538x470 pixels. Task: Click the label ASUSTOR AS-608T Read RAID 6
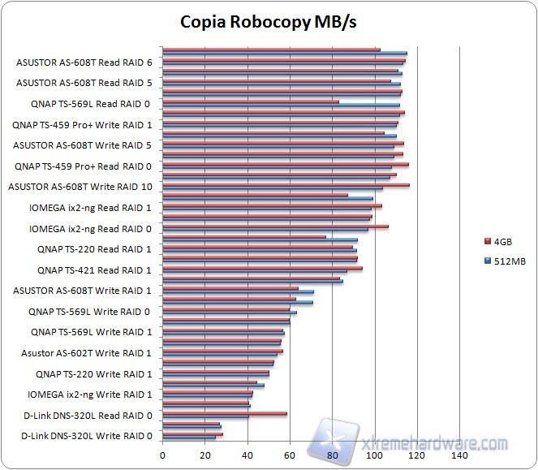(84, 62)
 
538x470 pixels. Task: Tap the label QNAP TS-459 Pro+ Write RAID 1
(83, 124)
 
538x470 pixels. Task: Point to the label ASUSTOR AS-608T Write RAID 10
(80, 187)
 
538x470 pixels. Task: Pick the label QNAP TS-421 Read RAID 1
(94, 269)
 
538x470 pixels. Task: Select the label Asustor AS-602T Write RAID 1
(87, 353)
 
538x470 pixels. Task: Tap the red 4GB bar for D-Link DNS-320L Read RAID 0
(225, 413)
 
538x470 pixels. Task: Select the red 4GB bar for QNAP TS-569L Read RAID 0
(251, 101)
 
